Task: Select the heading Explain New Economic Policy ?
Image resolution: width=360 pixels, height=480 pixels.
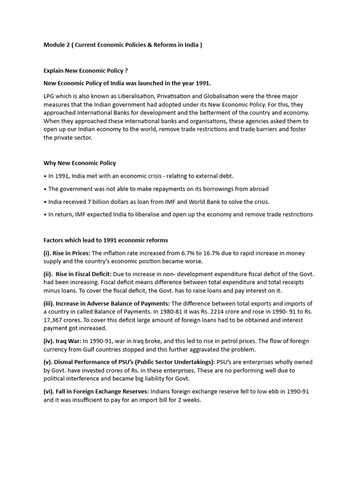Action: coord(85,71)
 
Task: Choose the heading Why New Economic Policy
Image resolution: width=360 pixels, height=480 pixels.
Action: coord(80,163)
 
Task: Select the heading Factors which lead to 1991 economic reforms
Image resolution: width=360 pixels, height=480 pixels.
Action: coord(105,240)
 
